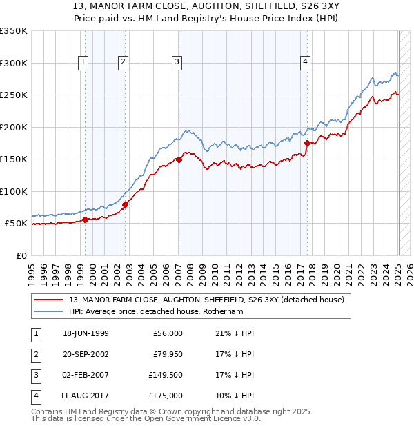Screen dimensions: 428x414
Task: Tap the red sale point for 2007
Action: click(179, 159)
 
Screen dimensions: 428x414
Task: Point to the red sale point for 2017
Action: click(307, 143)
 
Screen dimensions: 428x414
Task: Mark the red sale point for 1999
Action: click(85, 220)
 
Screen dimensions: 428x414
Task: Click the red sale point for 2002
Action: click(126, 204)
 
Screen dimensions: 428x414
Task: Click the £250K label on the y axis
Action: click(14, 95)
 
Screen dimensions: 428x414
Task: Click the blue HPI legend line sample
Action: click(48, 311)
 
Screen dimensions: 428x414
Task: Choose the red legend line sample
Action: click(48, 300)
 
